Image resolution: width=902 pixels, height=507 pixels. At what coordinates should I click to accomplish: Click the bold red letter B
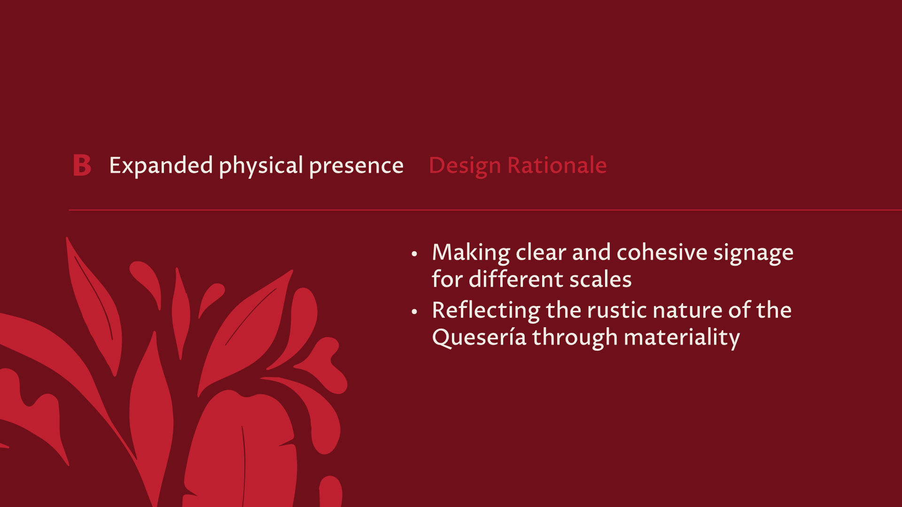82,165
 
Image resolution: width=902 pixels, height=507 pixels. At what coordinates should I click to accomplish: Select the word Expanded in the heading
161,166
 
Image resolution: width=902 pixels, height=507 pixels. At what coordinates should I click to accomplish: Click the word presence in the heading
357,166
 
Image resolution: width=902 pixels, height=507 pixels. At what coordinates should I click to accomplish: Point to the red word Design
465,166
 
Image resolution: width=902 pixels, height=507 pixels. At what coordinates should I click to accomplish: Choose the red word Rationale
557,166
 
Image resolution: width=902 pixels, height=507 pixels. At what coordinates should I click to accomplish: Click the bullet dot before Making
414,254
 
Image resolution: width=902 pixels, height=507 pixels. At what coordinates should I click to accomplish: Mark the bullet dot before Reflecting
414,312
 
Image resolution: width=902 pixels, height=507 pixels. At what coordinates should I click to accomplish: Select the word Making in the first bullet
471,253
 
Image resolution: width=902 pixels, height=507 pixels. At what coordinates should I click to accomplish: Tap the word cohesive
662,253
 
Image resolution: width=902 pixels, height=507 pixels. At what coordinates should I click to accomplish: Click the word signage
754,253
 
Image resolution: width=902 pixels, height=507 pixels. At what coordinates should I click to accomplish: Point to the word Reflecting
486,311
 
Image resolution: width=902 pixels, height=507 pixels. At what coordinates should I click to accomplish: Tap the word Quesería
479,338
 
